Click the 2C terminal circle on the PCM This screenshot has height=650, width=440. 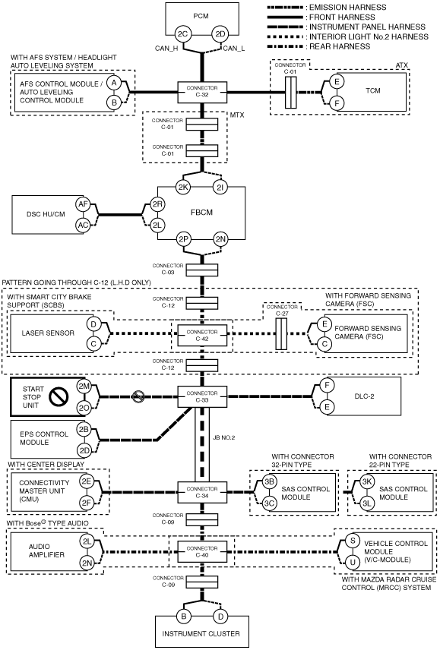click(182, 34)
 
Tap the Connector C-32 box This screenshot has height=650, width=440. click(202, 92)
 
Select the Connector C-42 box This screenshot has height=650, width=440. click(202, 336)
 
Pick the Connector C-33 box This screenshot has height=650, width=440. click(202, 396)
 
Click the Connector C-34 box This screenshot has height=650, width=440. click(202, 492)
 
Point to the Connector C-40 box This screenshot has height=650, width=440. click(202, 552)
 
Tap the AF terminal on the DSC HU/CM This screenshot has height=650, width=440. click(84, 204)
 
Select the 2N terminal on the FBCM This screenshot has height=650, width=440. click(220, 239)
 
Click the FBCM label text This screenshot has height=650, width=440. click(202, 213)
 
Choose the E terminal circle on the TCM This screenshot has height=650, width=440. click(337, 82)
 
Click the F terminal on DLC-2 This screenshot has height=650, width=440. click(327, 386)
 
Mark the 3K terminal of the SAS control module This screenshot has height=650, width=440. click(366, 481)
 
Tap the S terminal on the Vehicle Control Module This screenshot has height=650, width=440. click(353, 541)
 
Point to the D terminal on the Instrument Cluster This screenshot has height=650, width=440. click(220, 617)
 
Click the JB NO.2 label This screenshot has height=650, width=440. click(224, 437)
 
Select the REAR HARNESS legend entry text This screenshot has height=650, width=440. click(340, 46)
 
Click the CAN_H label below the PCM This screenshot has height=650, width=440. click(166, 49)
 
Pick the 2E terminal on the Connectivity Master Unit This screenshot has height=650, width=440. click(87, 481)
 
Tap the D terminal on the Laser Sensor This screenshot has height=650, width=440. click(93, 324)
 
